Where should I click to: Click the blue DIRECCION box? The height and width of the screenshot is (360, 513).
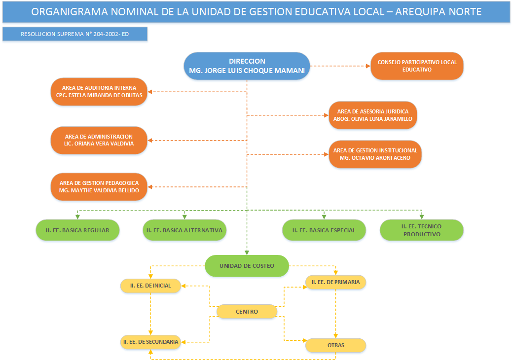(247, 66)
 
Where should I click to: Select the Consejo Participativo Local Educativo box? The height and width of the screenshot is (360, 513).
(417, 66)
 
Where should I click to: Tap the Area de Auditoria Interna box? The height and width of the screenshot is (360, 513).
(99, 91)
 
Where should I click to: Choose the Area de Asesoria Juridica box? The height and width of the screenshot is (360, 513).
(372, 115)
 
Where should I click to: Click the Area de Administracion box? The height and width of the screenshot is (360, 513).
(99, 140)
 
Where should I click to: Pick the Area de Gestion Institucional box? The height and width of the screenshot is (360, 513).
(375, 154)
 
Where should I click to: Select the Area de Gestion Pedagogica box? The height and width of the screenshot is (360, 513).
(99, 186)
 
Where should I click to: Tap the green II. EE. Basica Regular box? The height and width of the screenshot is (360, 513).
(77, 230)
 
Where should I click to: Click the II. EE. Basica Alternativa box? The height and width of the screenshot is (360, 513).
(184, 230)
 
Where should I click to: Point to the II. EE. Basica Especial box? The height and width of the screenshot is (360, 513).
(324, 230)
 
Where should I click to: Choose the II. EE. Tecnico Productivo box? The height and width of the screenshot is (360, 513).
(421, 230)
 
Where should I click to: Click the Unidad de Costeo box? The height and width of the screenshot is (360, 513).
(247, 266)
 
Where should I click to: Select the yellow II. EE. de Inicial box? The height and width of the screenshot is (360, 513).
(150, 286)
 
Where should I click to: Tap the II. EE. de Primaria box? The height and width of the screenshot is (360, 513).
(335, 282)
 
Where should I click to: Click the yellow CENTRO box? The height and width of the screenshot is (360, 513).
(247, 312)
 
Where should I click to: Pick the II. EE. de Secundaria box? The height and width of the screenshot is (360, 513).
(150, 341)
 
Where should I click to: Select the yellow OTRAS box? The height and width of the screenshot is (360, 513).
(335, 345)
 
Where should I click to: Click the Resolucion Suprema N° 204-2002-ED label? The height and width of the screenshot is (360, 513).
(75, 35)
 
